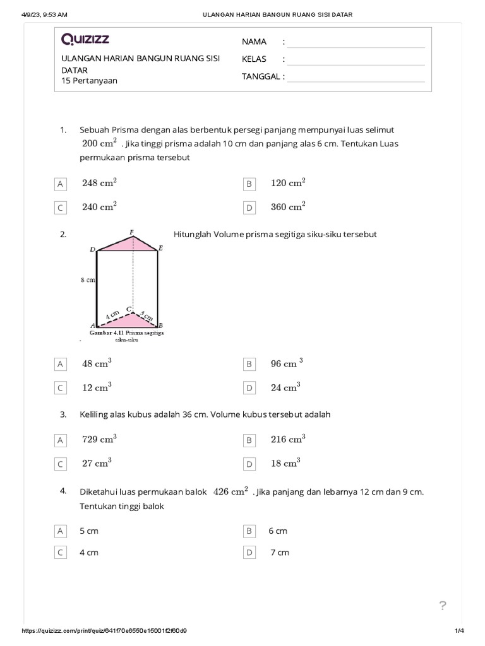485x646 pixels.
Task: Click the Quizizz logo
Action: coord(85,40)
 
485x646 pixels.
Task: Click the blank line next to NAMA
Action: coord(356,42)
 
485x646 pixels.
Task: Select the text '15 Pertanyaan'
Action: coord(89,81)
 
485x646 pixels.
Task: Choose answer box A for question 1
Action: coord(61,184)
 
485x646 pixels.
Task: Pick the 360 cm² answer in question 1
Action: coord(288,206)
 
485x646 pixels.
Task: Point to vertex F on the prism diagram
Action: coord(131,232)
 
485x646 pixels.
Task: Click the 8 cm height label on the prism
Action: coord(87,279)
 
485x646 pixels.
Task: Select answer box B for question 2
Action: coord(249,364)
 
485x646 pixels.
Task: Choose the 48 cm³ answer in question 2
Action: coord(97,363)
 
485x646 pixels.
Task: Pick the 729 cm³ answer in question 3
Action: coord(99,439)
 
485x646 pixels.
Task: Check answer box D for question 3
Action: coord(249,464)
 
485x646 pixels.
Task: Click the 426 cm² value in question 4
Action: coord(230,492)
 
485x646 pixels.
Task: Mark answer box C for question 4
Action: coord(61,553)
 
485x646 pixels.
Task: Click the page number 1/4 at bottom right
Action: coord(459,631)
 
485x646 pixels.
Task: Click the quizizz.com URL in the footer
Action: coord(104,631)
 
